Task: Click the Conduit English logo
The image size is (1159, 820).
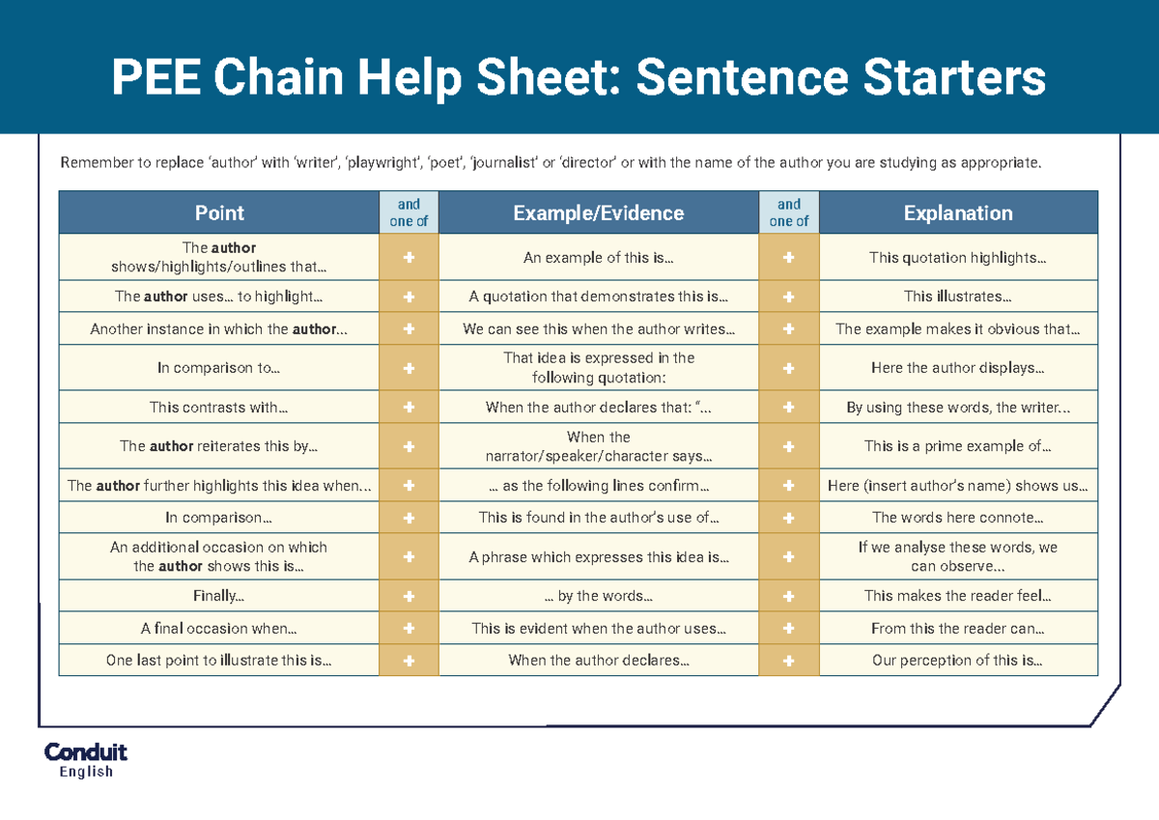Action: coord(86,760)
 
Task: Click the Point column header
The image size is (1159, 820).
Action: coord(219,213)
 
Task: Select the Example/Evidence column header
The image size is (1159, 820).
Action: coord(598,213)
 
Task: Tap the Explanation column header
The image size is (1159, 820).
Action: coord(957,213)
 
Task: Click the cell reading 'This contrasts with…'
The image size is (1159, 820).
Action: coord(219,408)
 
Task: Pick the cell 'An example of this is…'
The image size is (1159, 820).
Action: coord(598,258)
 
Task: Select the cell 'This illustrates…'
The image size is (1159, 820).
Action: coord(957,297)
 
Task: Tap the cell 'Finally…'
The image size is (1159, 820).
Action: coord(219,596)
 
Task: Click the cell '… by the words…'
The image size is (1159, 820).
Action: coord(598,596)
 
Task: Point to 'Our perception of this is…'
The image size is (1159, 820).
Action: coord(957,661)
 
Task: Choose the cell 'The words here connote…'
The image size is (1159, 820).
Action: coord(957,518)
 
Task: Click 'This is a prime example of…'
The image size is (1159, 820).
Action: coord(957,446)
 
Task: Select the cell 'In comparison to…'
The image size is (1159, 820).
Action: coord(219,368)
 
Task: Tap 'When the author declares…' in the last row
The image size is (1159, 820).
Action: coord(598,661)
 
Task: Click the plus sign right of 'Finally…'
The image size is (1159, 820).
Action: coord(409,596)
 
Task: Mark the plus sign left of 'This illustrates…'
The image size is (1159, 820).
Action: coord(788,297)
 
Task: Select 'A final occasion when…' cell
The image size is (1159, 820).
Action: coord(219,629)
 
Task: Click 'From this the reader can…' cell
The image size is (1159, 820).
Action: coord(957,629)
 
